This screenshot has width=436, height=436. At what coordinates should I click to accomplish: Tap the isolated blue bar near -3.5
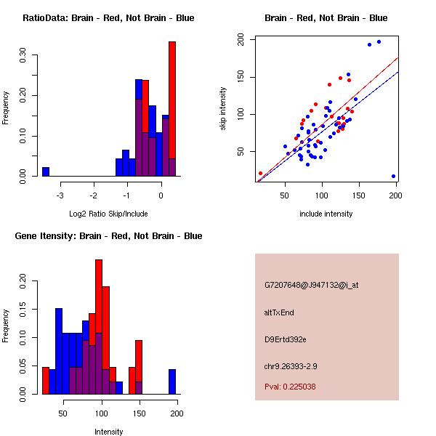click(x=46, y=171)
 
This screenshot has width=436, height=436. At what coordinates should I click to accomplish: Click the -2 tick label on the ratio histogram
click(x=94, y=195)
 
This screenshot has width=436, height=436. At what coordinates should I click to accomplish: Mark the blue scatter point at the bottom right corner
click(x=393, y=176)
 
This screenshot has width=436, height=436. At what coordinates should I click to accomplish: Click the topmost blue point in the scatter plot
click(x=379, y=42)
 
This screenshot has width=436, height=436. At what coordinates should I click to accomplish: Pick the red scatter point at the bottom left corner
click(x=260, y=174)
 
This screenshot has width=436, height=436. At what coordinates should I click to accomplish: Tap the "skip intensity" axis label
click(x=223, y=109)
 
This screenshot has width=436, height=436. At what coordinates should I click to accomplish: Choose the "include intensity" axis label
click(x=326, y=214)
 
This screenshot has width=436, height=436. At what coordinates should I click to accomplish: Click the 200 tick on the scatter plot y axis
click(x=241, y=41)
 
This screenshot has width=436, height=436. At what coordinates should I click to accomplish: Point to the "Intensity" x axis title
click(x=108, y=432)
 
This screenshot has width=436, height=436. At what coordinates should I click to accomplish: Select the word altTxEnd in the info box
click(x=279, y=312)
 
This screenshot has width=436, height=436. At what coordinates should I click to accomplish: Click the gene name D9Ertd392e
click(x=286, y=339)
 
